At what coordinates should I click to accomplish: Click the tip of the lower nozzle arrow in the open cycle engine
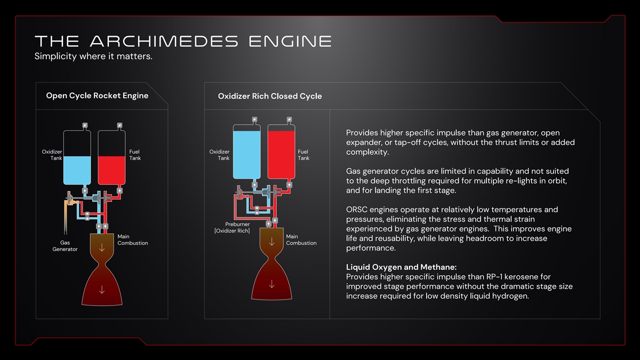click(x=102, y=293)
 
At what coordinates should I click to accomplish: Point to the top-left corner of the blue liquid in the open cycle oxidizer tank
click(x=63, y=156)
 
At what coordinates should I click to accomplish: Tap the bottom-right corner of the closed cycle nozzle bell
click(x=292, y=299)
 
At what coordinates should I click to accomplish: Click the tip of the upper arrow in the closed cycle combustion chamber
click(x=271, y=245)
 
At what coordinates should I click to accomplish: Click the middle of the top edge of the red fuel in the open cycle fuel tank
click(x=111, y=156)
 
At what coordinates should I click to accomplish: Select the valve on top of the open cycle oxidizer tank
click(x=85, y=125)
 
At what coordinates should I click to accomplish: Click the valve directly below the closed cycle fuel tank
click(x=289, y=185)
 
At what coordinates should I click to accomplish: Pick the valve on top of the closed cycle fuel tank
click(x=289, y=119)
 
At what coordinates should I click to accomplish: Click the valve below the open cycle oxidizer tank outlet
click(x=85, y=190)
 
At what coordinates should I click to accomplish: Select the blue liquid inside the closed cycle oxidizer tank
click(x=247, y=155)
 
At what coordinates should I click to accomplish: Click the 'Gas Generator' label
click(x=65, y=246)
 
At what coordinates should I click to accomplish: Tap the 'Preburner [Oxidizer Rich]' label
click(x=232, y=227)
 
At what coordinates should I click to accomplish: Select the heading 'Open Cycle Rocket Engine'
click(x=97, y=95)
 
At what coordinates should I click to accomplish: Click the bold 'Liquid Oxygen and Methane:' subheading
click(x=401, y=267)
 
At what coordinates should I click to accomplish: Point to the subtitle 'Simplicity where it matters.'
click(x=93, y=56)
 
